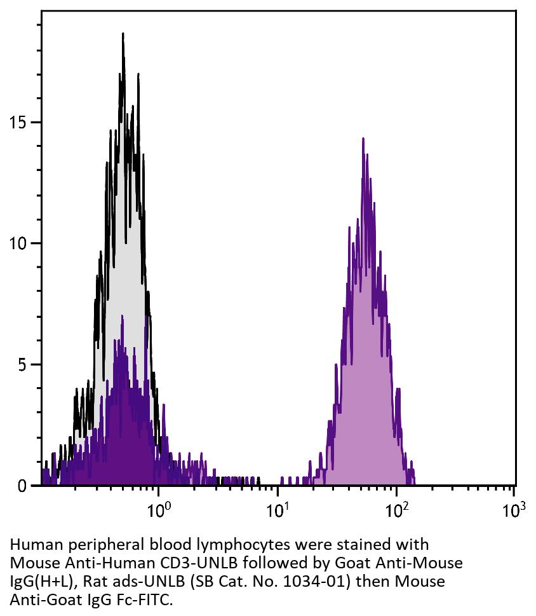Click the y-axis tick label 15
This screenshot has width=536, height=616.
tap(18, 122)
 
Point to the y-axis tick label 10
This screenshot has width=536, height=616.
tap(18, 243)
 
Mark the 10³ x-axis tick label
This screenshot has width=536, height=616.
tap(514, 509)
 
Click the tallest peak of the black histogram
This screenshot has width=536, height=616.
tap(123, 34)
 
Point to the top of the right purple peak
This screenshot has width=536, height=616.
tap(363, 139)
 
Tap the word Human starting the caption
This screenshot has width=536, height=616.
tap(30, 545)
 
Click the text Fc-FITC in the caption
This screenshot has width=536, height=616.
tap(148, 599)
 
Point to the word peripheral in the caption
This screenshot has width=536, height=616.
tap(90, 545)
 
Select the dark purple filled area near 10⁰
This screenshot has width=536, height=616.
tap(127, 445)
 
